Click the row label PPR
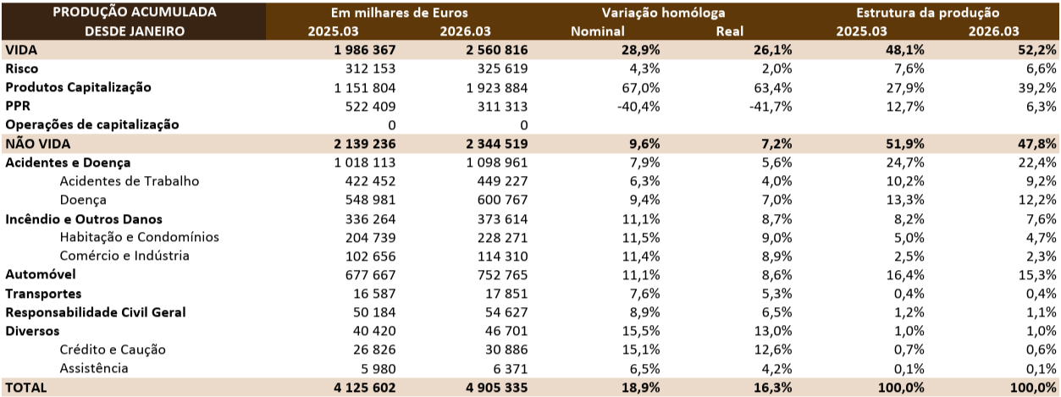tap(18, 106)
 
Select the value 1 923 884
tap(489, 87)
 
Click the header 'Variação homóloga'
tap(663, 14)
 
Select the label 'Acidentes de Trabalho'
tap(129, 180)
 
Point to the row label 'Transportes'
tap(43, 294)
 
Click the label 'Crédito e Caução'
tap(112, 350)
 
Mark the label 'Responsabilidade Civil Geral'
tap(95, 312)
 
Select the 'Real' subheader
tap(730, 32)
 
